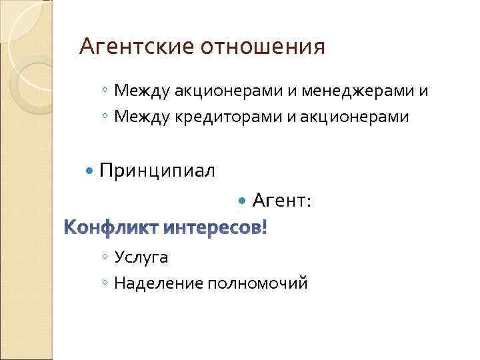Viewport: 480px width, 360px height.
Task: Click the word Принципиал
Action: click(x=157, y=171)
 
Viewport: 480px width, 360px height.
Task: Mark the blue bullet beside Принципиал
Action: click(x=91, y=172)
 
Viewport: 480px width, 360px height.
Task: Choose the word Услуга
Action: click(x=141, y=257)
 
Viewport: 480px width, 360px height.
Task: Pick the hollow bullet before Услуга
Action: click(x=106, y=257)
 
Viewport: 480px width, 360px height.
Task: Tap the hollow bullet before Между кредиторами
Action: click(x=106, y=118)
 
